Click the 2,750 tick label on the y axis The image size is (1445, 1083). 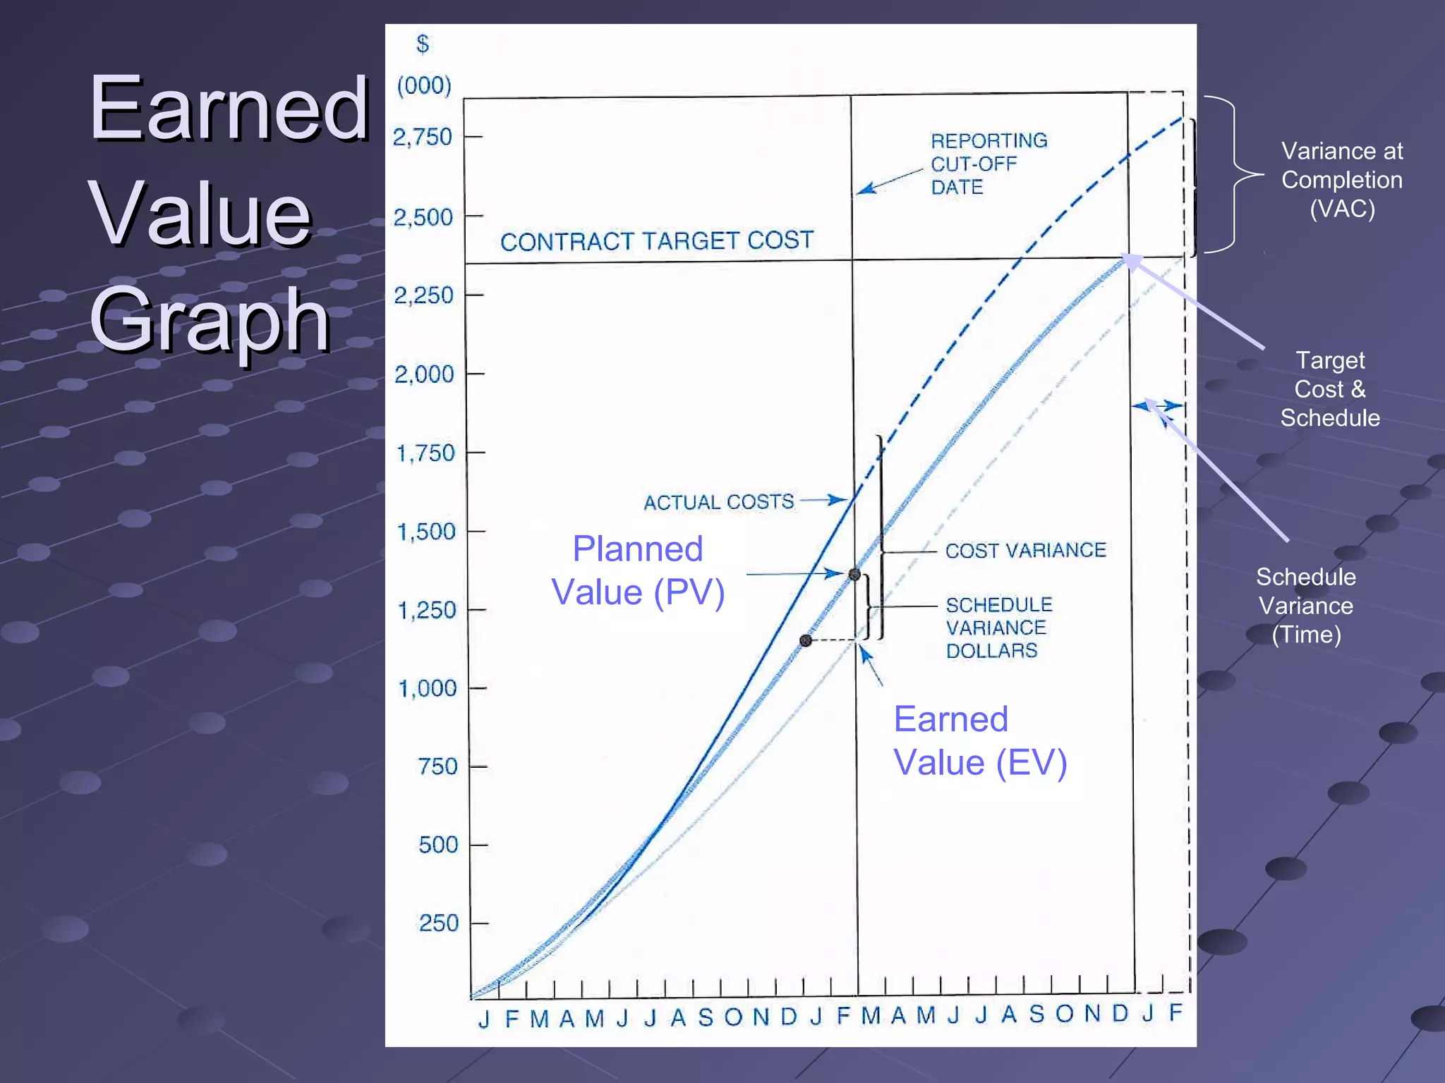(422, 137)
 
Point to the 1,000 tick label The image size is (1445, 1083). (427, 688)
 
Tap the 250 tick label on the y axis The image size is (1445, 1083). (438, 923)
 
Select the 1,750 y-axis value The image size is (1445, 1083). (425, 453)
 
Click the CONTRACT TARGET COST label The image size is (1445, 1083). (657, 241)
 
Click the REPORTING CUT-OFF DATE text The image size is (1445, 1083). (988, 164)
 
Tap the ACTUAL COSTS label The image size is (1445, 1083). (718, 502)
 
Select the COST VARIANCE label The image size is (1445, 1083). (1025, 550)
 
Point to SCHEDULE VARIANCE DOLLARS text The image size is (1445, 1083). (998, 628)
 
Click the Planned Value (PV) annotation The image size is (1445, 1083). (638, 570)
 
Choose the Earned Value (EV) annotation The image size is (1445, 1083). (979, 741)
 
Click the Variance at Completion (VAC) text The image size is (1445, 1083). (1341, 180)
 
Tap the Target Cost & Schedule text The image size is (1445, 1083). (1329, 389)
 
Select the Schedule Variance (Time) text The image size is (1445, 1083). (1305, 606)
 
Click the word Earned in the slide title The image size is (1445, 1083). (229, 109)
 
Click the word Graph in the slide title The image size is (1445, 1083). (210, 319)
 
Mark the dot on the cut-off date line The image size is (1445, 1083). (854, 575)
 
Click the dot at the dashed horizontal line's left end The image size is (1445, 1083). (806, 640)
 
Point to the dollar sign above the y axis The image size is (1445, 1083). (423, 44)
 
